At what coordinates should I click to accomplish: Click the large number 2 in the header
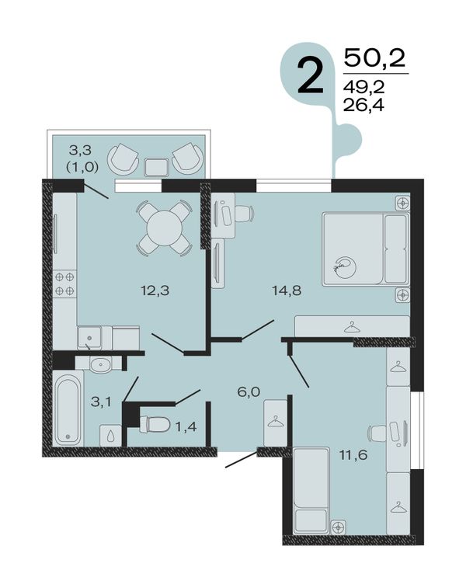(x=310, y=76)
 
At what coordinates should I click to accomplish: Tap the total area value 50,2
(x=375, y=58)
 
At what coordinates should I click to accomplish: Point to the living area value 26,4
(x=363, y=106)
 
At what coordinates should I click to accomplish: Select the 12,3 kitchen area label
(x=155, y=290)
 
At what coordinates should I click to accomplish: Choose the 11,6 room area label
(x=353, y=455)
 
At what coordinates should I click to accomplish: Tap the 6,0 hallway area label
(x=249, y=392)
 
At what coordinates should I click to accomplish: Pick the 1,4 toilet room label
(x=186, y=426)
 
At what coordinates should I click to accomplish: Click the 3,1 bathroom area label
(x=101, y=402)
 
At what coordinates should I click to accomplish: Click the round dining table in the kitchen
(x=164, y=228)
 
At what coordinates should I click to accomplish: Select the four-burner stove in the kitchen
(x=64, y=284)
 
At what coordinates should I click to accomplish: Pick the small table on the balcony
(x=157, y=167)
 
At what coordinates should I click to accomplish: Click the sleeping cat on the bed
(x=346, y=267)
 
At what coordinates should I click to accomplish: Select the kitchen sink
(x=89, y=338)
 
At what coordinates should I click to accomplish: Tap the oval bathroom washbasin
(x=100, y=364)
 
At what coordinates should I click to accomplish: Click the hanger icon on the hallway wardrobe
(x=276, y=422)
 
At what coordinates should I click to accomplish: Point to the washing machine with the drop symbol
(x=110, y=436)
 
